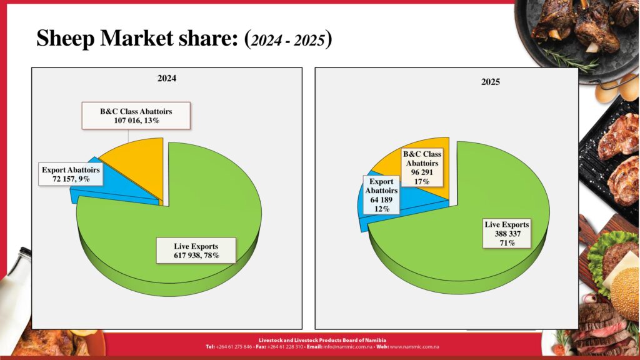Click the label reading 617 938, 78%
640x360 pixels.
(x=196, y=250)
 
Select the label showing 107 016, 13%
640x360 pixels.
(x=136, y=116)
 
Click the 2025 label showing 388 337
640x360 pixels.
(x=507, y=233)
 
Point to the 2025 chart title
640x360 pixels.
(x=491, y=82)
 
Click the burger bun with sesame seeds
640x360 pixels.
(x=624, y=294)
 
